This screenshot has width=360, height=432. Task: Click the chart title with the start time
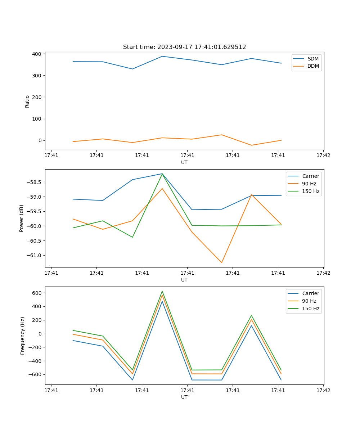[184, 47]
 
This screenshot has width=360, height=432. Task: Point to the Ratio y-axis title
[27, 101]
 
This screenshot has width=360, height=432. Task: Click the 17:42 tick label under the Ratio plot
[323, 156]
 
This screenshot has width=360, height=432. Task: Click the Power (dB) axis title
[22, 218]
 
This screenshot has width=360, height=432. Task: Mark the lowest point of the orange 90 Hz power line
[222, 262]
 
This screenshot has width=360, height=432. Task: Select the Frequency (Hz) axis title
[23, 336]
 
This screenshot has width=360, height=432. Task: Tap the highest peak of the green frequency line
[162, 291]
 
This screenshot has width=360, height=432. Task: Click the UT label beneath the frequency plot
[184, 397]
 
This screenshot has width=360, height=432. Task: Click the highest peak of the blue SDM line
[162, 56]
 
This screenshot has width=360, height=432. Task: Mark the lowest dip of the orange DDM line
[251, 145]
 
